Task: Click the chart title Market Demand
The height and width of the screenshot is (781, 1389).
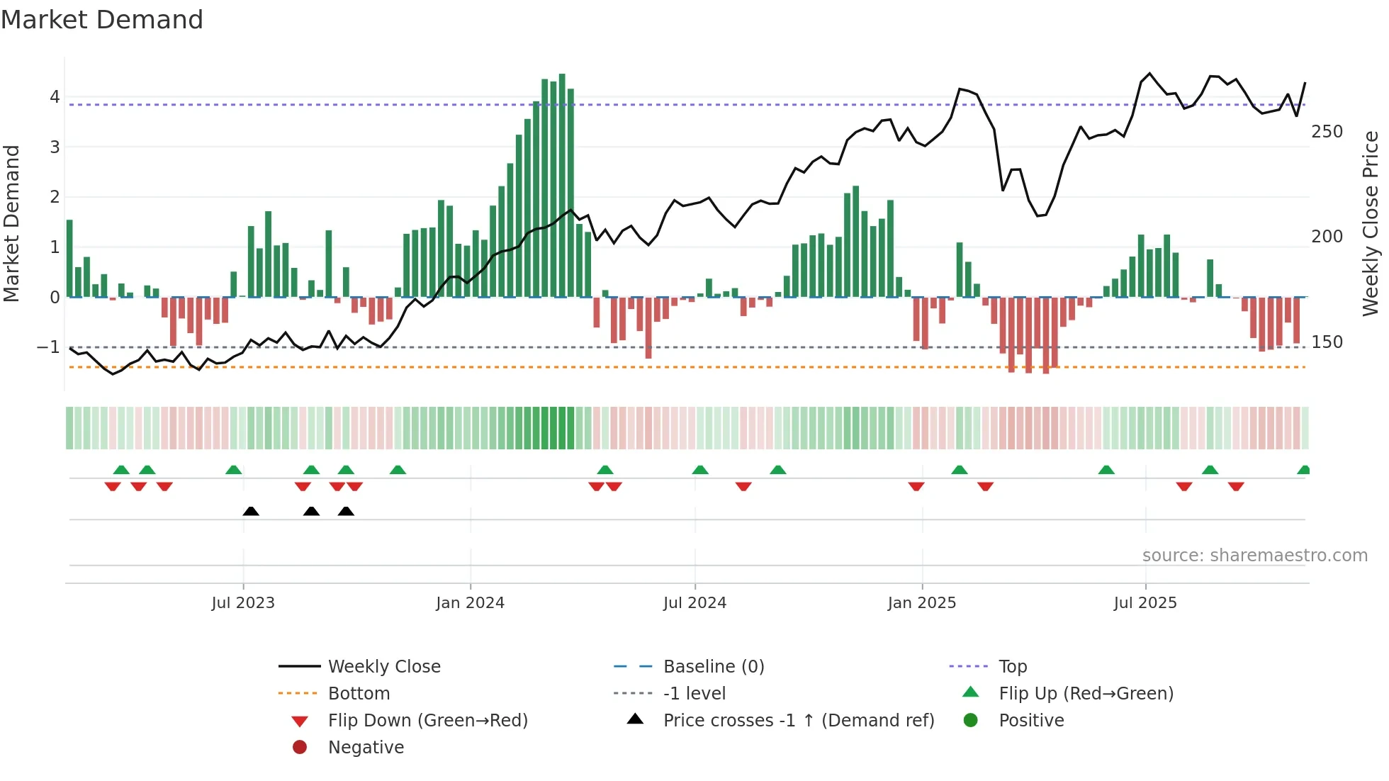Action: pos(102,20)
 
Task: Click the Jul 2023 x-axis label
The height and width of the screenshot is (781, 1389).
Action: pos(243,603)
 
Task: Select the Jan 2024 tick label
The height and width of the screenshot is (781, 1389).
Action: pos(470,603)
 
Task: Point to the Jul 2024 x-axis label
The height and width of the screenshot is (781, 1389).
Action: pos(694,603)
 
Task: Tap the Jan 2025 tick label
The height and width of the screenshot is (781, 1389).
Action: pos(921,603)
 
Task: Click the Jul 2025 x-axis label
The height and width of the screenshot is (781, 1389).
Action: pos(1145,603)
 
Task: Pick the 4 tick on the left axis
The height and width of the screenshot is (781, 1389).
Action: pos(55,97)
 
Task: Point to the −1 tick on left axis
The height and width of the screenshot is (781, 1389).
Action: pos(48,347)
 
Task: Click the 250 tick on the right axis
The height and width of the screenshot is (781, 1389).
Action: pos(1327,132)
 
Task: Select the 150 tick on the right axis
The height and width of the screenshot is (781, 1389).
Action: pos(1327,342)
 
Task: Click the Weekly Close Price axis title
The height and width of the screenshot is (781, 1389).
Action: pos(1371,223)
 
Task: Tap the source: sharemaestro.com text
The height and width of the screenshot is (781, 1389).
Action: pos(1254,556)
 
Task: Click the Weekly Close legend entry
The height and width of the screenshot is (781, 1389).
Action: pos(383,667)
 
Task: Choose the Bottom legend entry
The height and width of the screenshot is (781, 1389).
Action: pos(359,694)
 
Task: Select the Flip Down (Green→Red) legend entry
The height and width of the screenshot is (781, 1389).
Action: pos(427,721)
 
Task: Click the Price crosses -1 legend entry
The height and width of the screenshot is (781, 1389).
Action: pos(798,721)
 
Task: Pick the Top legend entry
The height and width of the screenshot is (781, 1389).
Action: pos(1012,667)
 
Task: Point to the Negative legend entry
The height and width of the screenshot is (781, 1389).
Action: pos(366,748)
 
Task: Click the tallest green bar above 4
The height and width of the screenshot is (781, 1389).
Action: pos(562,184)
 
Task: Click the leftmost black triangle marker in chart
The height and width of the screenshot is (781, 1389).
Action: pos(251,511)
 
